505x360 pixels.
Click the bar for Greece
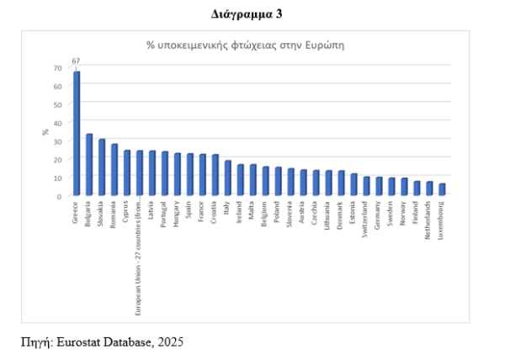77,133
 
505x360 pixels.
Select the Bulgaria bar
89,164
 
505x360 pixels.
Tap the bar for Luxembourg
442,189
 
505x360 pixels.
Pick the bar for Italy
227,177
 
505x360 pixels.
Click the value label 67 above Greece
76,61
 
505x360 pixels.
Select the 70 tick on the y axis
57,68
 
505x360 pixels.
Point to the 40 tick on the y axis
57,123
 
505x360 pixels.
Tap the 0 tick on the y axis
60,195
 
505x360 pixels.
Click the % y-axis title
45,132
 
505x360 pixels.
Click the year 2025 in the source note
168,342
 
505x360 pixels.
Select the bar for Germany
379,186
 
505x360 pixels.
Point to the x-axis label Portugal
165,214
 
